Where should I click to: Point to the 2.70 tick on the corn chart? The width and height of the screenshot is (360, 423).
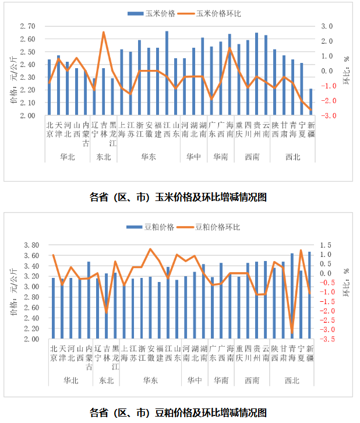pyautogui.click(x=27, y=26)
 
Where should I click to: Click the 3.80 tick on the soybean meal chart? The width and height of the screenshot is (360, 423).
pyautogui.click(x=27, y=245)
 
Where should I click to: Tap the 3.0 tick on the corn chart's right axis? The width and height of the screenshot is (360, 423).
pyautogui.click(x=327, y=26)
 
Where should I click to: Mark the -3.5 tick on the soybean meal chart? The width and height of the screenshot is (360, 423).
pyautogui.click(x=327, y=339)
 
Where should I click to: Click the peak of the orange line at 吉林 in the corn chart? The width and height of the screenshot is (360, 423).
pyautogui.click(x=104, y=32)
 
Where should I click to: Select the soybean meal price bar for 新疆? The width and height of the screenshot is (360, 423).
pyautogui.click(x=310, y=295)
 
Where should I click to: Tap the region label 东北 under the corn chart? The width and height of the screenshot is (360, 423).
pyautogui.click(x=104, y=157)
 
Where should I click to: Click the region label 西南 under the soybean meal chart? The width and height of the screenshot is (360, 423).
pyautogui.click(x=252, y=380)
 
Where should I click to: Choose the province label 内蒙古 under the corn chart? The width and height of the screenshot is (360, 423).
pyautogui.click(x=86, y=134)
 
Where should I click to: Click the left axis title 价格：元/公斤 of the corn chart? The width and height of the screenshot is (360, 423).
pyautogui.click(x=13, y=84)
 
